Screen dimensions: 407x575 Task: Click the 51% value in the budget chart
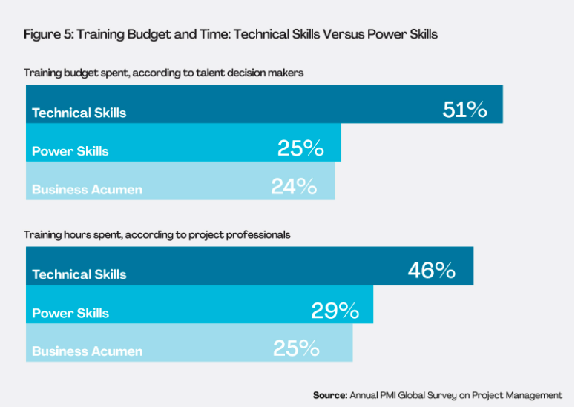pos(464,110)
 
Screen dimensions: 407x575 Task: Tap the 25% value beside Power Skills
pos(300,148)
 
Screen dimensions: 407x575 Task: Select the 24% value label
pos(294,187)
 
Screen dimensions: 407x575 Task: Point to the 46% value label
pos(431,271)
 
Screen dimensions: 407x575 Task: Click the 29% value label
pos(335,311)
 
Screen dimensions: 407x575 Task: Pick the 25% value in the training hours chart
pos(296,348)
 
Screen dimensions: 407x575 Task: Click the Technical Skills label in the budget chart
pos(79,113)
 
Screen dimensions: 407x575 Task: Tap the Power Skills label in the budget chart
pos(70,151)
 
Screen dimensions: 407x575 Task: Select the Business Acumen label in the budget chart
pos(87,190)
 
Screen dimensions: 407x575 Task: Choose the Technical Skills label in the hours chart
pos(79,274)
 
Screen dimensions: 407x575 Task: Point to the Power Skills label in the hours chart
pos(70,313)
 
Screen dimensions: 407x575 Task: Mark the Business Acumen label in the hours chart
pos(87,351)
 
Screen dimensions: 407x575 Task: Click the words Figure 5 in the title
pos(47,34)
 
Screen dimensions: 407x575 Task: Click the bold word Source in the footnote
pos(329,395)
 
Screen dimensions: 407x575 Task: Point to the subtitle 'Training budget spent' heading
pos(163,73)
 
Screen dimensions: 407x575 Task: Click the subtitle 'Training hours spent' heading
pos(157,234)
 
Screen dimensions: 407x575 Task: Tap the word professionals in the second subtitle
pos(260,234)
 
